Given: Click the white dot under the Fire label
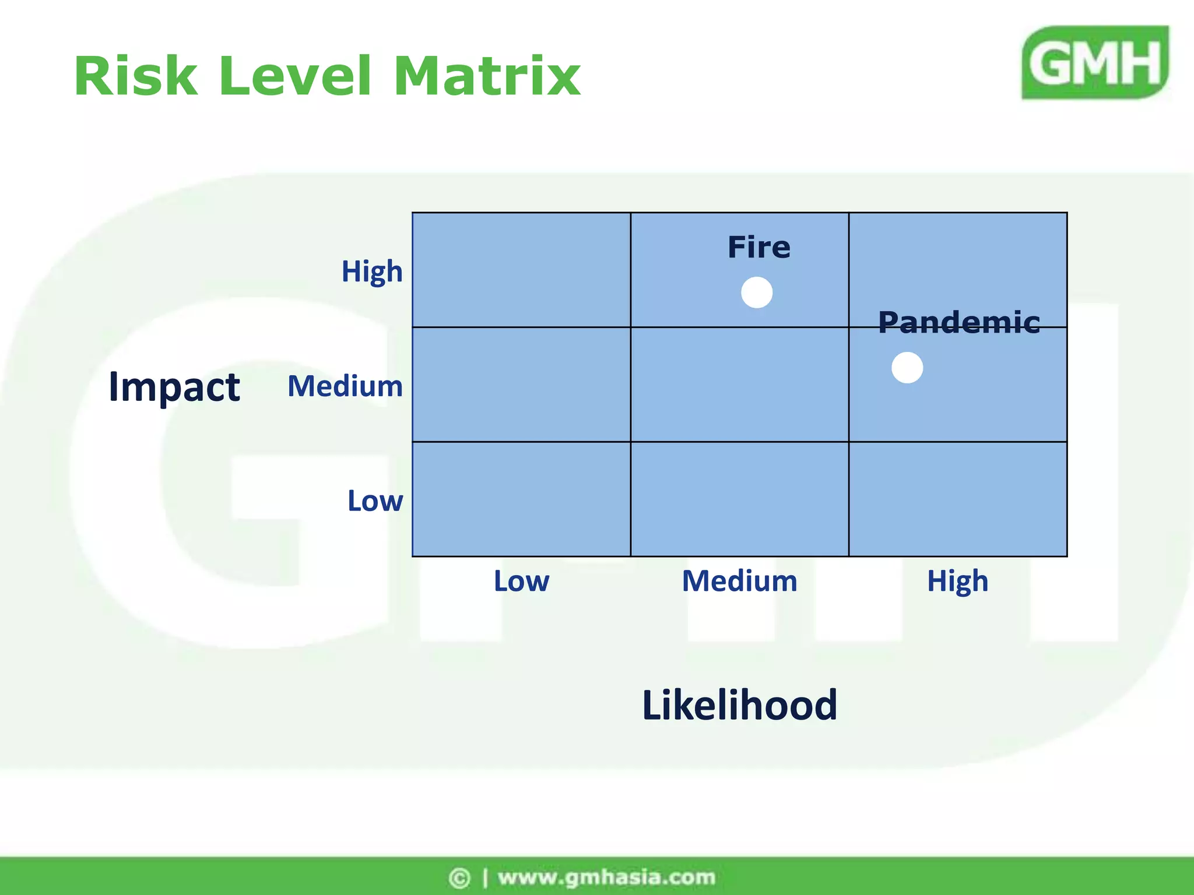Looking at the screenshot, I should [x=757, y=293].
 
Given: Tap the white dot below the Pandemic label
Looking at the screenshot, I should [x=907, y=368].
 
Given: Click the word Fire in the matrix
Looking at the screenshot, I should [x=759, y=247].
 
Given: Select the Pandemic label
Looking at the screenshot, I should [x=959, y=322].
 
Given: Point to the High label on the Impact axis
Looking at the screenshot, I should [x=372, y=272].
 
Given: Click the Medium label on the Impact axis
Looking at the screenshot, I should [x=345, y=386].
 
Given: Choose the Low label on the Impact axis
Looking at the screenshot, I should [x=375, y=501].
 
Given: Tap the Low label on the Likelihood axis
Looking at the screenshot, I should [x=521, y=581].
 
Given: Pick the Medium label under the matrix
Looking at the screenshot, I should [x=739, y=581].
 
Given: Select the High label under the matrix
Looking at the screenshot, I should [x=958, y=581].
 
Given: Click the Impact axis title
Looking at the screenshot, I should [x=174, y=387].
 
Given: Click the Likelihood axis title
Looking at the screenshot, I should [x=739, y=705].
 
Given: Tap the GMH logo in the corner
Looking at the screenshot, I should [x=1095, y=62].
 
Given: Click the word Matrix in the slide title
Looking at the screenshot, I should [x=487, y=76].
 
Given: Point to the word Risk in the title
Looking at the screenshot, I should [x=135, y=76].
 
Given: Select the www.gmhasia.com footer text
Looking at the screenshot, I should [x=606, y=877].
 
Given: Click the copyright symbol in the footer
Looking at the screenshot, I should [x=459, y=878].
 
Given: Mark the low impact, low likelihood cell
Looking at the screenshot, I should [x=521, y=499].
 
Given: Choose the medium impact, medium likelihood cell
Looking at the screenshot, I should [x=739, y=385].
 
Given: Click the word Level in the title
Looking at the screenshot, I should [x=294, y=76].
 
